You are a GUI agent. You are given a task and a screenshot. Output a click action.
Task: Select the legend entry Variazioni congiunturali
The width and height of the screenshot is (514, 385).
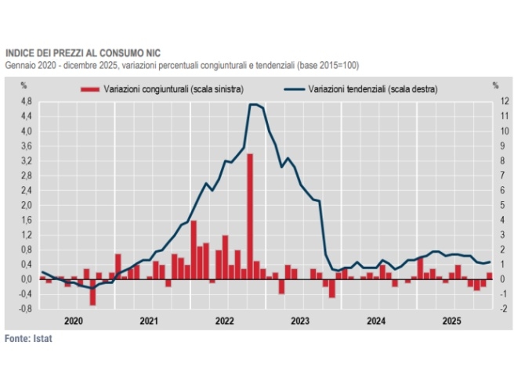[172, 88]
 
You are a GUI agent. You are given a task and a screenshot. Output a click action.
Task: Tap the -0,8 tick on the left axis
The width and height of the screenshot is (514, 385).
[25, 308]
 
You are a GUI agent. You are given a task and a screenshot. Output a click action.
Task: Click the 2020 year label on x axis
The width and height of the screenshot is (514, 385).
[74, 320]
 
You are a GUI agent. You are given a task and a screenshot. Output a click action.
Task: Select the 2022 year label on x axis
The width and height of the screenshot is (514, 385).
[225, 320]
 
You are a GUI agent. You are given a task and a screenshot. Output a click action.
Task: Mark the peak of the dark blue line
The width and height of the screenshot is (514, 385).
[252, 104]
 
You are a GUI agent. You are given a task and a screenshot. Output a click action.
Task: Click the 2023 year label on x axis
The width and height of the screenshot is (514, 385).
[300, 320]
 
